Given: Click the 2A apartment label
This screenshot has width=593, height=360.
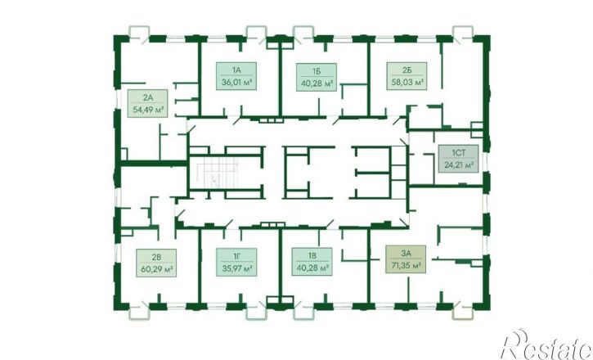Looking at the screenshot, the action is point(148,97).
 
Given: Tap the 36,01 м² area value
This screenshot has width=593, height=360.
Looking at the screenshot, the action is point(236,82).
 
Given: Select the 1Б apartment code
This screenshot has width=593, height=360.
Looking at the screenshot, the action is point(317,71).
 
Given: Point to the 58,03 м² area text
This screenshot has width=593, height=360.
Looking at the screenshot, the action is point(407,82).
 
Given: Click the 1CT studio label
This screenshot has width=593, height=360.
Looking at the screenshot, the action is point(458,153).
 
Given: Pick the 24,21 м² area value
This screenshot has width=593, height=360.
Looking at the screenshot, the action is point(459,165).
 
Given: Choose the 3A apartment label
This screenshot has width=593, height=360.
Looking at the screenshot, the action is point(407,254).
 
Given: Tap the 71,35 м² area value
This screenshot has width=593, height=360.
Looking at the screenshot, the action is point(407,265).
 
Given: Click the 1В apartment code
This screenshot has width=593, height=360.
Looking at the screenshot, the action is point(312,256).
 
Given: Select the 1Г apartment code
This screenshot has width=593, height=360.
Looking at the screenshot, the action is point(236,256).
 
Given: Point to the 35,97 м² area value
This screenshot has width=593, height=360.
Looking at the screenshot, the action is point(236,268).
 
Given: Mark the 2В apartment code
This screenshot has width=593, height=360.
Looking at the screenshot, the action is point(156,257).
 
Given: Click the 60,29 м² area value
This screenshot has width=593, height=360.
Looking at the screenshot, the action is point(156,269).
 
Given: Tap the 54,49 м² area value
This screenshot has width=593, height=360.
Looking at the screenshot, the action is point(148,110).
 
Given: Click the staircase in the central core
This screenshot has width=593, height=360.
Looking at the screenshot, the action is point(217,172).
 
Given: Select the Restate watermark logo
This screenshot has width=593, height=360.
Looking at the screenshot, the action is point(546,345).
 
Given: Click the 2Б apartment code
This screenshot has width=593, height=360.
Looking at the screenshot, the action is point(407,70).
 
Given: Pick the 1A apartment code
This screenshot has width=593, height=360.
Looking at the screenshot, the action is point(236,70).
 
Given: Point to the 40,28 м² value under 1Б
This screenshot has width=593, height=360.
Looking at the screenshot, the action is point(317,83).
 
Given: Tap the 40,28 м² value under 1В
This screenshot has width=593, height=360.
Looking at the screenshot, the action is point(312,268).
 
